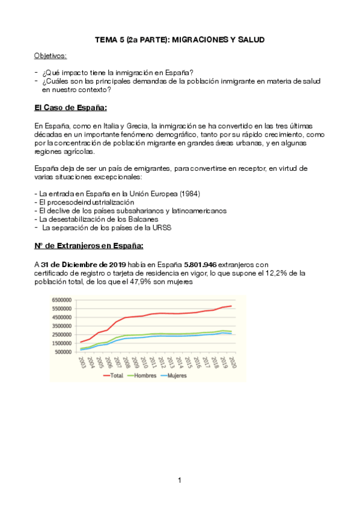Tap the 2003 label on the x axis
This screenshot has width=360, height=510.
coord(81,361)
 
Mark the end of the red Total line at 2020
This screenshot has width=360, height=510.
coord(231,306)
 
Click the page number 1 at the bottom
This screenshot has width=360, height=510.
coord(179,480)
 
